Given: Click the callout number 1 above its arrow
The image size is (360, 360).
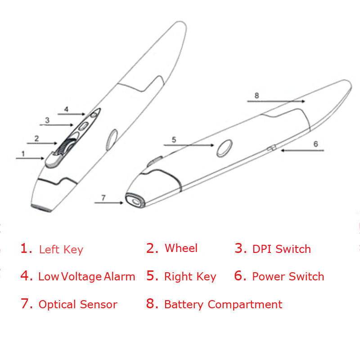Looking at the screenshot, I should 23,153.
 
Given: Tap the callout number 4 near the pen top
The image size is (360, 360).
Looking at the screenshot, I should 66,109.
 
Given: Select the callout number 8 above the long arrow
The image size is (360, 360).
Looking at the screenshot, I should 256,95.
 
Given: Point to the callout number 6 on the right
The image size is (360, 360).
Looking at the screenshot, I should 315,144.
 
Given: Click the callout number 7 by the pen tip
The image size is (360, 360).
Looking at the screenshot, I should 103,198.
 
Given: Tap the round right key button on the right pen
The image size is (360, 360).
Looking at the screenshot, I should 225,148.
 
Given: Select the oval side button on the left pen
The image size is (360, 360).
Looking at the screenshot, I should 111,139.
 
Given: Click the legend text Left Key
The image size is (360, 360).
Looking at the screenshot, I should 61,249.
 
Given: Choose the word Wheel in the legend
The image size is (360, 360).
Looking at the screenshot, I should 181,248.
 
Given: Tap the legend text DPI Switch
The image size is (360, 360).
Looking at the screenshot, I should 281,249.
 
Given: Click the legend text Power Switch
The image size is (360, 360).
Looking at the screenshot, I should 288,276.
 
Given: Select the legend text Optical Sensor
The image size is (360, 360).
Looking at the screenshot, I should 78,305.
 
